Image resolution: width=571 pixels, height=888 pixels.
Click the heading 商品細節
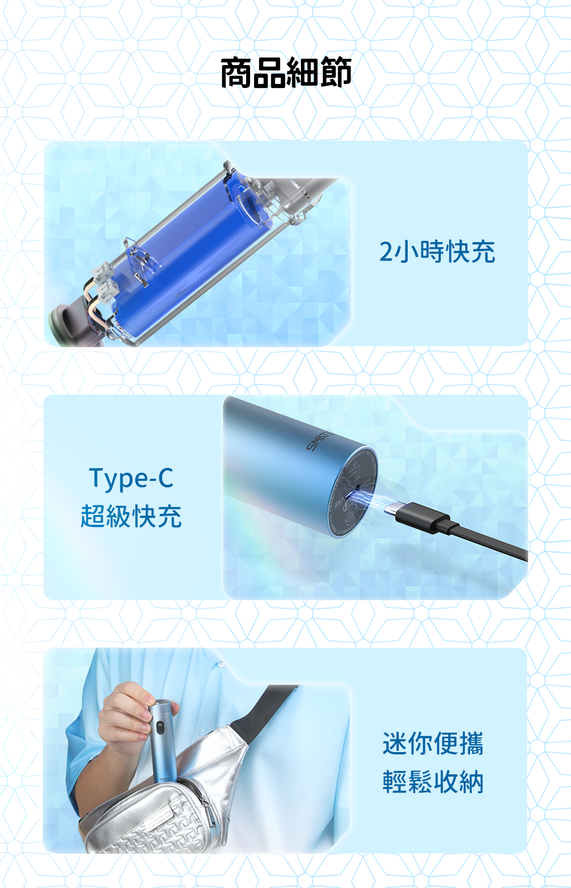point(285,72)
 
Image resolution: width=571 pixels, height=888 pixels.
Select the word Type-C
point(131,479)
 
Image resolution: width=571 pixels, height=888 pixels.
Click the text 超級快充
point(131,516)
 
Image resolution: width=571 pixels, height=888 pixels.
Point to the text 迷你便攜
point(433,744)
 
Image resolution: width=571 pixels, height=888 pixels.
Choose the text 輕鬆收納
point(433,782)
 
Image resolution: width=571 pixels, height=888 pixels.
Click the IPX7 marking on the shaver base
point(339,505)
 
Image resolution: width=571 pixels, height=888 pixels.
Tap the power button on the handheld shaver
point(159,727)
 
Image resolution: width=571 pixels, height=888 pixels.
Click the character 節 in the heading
point(336,72)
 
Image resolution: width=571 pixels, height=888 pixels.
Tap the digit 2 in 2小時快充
point(385,252)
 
